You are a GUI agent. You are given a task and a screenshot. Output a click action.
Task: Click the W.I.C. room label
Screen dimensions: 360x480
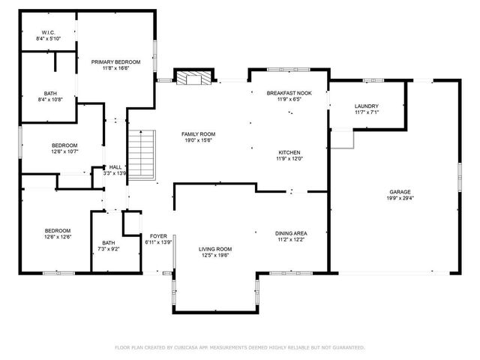pos(48,32)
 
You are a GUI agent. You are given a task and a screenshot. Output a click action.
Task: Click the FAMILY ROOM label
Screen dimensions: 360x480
pos(198,133)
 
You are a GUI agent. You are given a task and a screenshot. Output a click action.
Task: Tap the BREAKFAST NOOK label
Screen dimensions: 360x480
pos(289,92)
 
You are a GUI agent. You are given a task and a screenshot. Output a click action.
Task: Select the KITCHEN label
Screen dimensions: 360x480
pos(289,152)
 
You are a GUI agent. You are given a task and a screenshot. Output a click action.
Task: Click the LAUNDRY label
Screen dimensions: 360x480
pos(366,106)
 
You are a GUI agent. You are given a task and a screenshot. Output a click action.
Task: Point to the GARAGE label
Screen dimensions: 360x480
pos(399,191)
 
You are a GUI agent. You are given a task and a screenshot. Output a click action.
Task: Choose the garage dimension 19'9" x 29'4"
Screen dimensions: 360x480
pos(399,199)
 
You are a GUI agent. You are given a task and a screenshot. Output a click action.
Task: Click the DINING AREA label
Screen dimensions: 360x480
pos(290,232)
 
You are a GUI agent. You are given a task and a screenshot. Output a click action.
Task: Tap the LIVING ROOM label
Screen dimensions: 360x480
pos(214,249)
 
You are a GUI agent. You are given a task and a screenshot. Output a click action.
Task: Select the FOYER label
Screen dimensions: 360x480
pos(157,236)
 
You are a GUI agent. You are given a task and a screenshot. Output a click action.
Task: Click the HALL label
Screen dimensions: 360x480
pos(115,167)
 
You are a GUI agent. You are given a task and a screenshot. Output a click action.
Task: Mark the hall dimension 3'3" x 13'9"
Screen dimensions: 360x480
pos(115,173)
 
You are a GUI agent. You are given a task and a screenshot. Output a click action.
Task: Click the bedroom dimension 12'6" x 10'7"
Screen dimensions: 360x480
pos(64,151)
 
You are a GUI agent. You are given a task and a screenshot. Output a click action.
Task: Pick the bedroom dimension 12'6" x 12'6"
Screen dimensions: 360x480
pos(58,237)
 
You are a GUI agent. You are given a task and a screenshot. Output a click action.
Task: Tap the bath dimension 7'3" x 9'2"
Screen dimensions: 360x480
pos(109,249)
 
